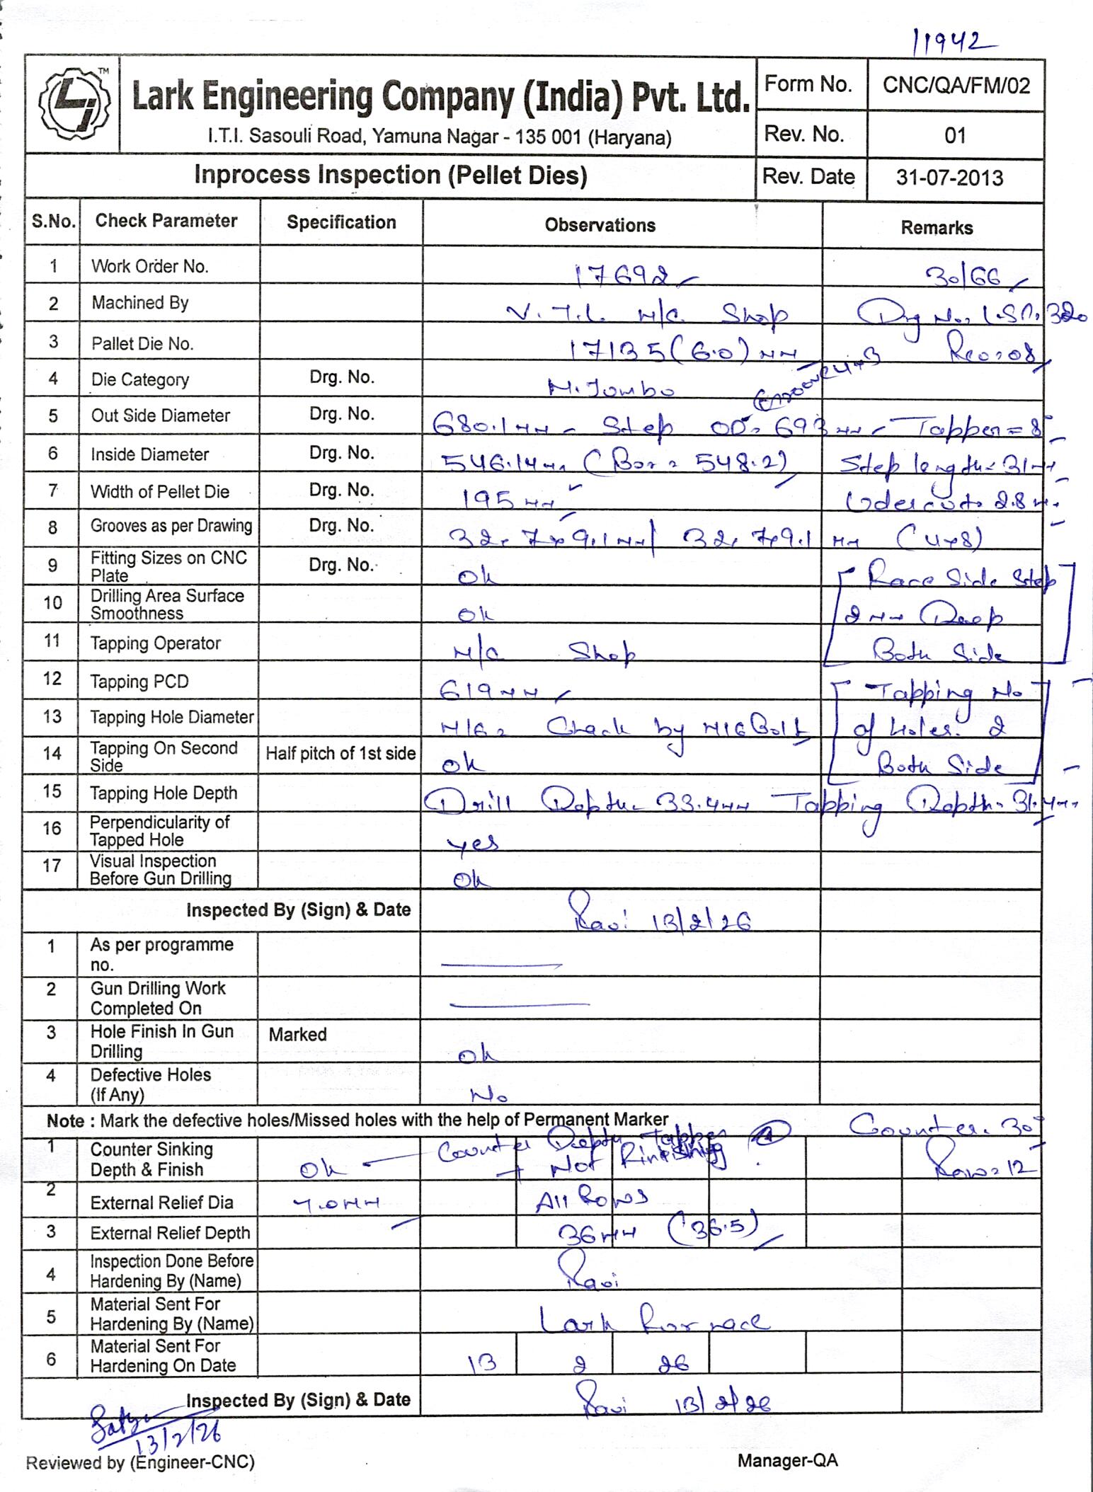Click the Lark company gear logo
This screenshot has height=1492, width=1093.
72,105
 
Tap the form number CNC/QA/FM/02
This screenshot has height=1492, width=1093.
955,86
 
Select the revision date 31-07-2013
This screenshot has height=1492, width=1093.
949,177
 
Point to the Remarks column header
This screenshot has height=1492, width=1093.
936,228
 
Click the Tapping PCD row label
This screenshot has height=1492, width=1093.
139,682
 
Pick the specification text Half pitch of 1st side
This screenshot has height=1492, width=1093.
341,753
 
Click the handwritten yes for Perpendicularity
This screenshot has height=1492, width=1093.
472,842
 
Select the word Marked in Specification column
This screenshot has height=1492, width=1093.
297,1034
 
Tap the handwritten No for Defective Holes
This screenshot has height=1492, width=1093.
488,1096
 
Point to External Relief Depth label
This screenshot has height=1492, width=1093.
170,1233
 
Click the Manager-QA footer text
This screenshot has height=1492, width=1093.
787,1460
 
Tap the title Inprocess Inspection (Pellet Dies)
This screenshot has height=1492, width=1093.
391,175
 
